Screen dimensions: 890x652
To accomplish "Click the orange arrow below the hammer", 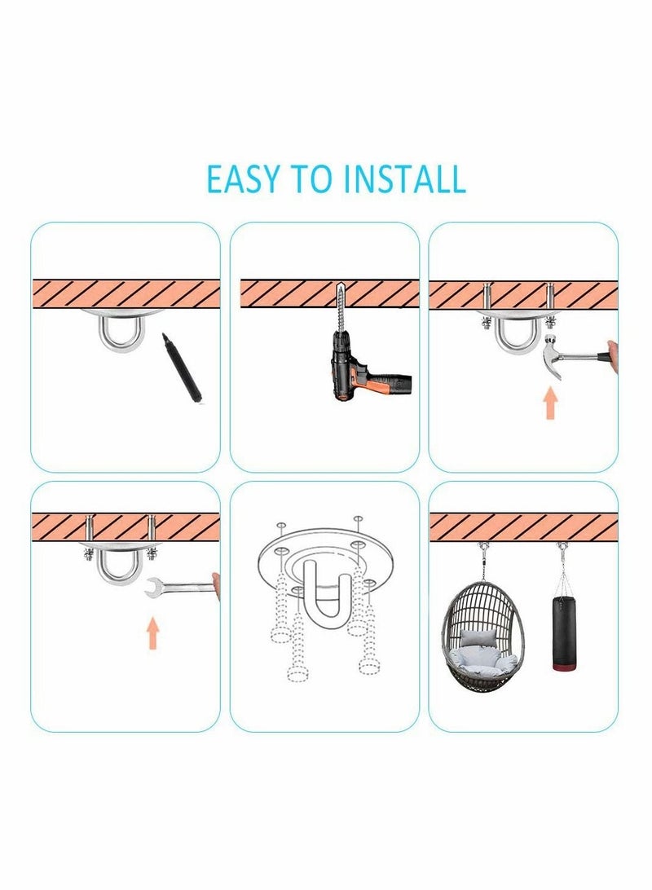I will point(552,403).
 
